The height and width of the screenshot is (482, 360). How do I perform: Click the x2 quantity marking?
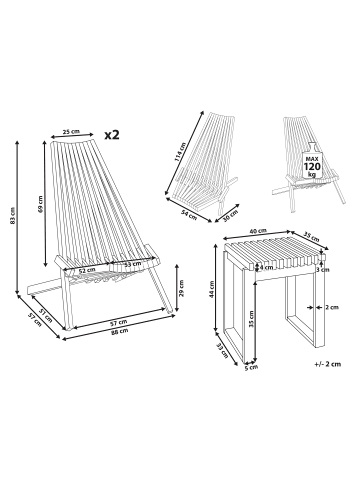pyautogui.click(x=112, y=135)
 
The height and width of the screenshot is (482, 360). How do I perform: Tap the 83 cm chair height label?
pyautogui.click(x=13, y=216)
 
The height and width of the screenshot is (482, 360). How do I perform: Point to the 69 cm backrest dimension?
pyautogui.click(x=40, y=204)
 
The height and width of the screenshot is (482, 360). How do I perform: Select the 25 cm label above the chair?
pyautogui.click(x=71, y=131)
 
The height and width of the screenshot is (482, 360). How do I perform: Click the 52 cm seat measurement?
pyautogui.click(x=87, y=270)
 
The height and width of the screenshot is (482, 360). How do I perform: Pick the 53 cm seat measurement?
pyautogui.click(x=132, y=264)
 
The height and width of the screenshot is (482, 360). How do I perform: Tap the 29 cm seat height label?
pyautogui.click(x=181, y=288)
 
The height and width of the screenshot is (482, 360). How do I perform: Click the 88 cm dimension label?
pyautogui.click(x=119, y=331)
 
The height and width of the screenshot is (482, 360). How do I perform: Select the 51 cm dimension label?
pyautogui.click(x=46, y=315)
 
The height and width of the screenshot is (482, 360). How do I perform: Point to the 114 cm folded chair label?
pyautogui.click(x=180, y=153)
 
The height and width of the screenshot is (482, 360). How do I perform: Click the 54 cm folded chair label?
pyautogui.click(x=189, y=214)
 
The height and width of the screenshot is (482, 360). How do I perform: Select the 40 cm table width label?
pyautogui.click(x=258, y=231)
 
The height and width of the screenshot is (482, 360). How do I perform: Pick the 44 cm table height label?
pyautogui.click(x=211, y=289)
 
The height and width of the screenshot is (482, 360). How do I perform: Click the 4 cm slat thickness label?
pyautogui.click(x=266, y=267)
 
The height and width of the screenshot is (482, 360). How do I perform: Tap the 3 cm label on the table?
pyautogui.click(x=323, y=270)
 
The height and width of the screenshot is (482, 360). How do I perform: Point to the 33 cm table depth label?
pyautogui.click(x=222, y=350)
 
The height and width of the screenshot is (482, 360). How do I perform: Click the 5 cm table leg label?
pyautogui.click(x=251, y=368)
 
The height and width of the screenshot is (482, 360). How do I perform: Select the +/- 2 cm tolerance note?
pyautogui.click(x=327, y=364)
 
